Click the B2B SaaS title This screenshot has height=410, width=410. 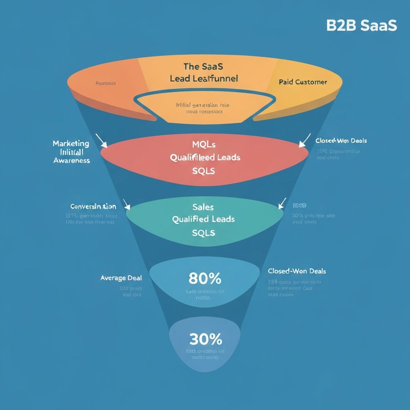[361, 25]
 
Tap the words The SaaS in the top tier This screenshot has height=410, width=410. [203, 66]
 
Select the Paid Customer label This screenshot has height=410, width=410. [303, 82]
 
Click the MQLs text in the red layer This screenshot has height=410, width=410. [204, 144]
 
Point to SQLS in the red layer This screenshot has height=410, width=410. [204, 171]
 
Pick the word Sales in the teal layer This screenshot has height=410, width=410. [203, 207]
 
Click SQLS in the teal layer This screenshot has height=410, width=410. [204, 233]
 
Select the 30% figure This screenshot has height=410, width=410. [205, 340]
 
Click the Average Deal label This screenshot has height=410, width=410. [121, 278]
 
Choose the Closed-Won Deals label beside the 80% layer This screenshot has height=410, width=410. [297, 271]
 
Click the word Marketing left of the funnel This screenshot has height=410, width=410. [71, 143]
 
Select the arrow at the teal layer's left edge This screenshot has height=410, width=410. [127, 205]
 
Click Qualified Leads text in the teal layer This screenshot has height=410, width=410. [203, 219]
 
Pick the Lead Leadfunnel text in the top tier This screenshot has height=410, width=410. [204, 78]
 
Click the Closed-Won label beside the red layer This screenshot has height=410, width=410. [341, 141]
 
